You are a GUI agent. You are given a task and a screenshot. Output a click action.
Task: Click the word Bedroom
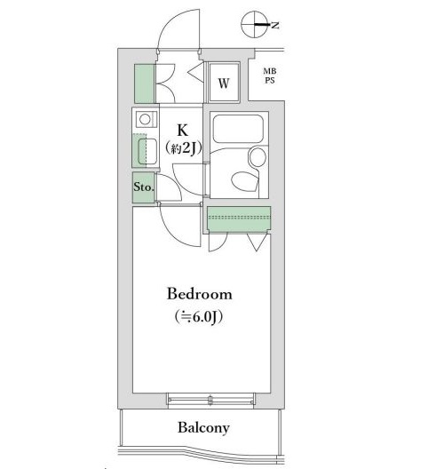(x=200, y=294)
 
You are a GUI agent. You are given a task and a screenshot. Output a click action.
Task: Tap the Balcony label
(x=203, y=428)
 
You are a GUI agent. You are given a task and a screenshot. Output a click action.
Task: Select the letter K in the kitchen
(x=182, y=130)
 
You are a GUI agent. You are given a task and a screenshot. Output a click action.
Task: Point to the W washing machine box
(x=224, y=83)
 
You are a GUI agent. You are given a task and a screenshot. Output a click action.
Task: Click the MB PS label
(x=269, y=76)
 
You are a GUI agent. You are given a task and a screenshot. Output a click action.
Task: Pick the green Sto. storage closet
(x=144, y=187)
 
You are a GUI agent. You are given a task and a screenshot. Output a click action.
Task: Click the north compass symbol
(x=255, y=25)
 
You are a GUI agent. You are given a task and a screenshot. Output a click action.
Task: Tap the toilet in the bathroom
(x=245, y=181)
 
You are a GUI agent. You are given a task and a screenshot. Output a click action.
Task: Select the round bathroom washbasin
(x=258, y=157)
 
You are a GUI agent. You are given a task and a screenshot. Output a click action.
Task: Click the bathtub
(x=238, y=129)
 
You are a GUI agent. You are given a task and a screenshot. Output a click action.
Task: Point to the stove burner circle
(x=145, y=119)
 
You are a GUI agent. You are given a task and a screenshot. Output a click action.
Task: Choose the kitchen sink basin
(x=147, y=151)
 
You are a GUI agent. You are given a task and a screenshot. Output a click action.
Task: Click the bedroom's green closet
(x=239, y=219)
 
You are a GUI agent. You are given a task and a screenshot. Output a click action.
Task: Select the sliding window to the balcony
(x=210, y=401)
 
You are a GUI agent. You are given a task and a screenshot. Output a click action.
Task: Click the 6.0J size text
(x=199, y=317)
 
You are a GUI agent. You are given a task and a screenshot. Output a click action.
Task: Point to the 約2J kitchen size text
(x=183, y=147)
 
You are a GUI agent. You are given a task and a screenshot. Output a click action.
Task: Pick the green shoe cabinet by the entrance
(x=144, y=83)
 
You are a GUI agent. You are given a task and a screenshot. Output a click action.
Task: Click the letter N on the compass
(x=275, y=25)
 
